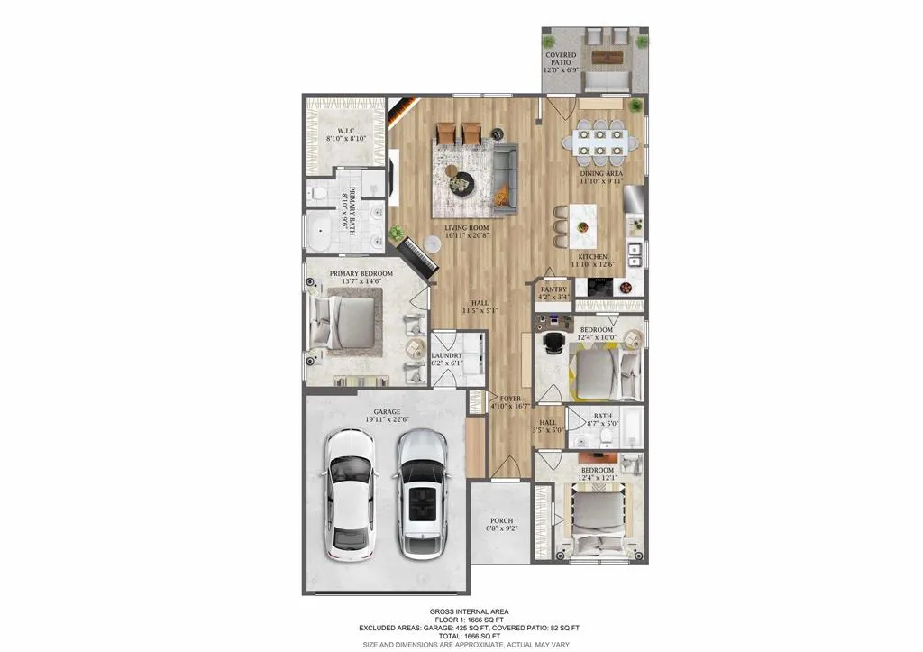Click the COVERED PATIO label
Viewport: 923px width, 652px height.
point(561,56)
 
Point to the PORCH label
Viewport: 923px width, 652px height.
point(501,520)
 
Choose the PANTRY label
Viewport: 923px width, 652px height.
point(553,289)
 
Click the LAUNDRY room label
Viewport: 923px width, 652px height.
point(447,355)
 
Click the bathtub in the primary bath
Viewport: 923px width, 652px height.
point(323,231)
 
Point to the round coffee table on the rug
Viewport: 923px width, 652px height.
point(461,181)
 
